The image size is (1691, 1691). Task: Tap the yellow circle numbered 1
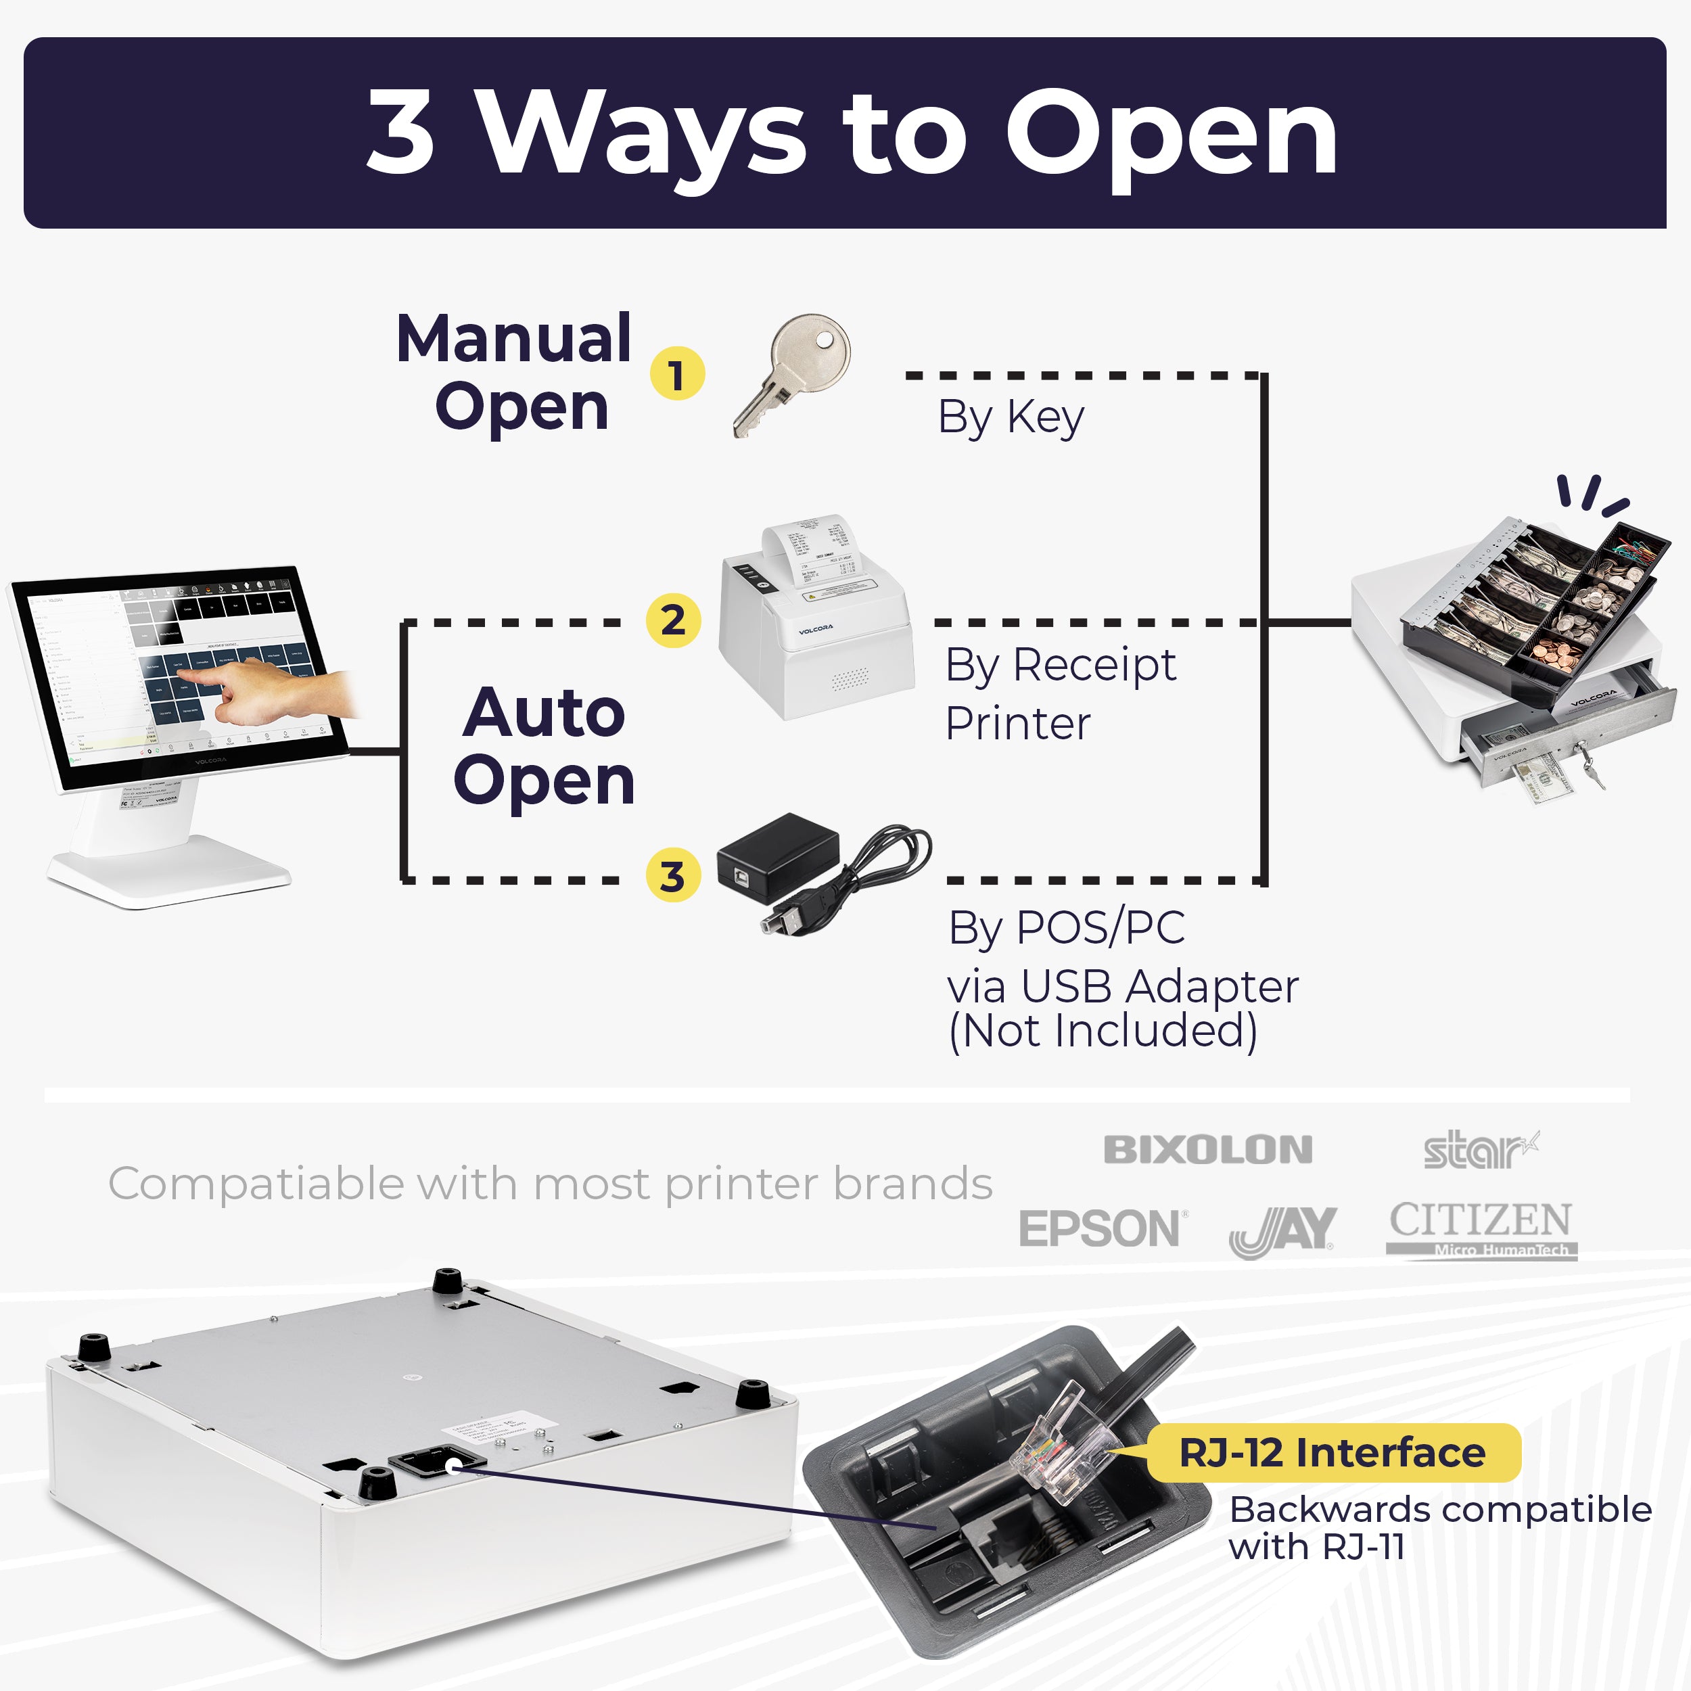[x=676, y=374]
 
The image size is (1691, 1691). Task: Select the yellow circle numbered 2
[x=672, y=620]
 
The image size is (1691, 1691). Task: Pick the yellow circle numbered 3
[x=672, y=875]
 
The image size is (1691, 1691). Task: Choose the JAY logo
[x=1282, y=1230]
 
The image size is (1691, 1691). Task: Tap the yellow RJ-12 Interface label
[x=1331, y=1453]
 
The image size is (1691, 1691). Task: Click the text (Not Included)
[x=1102, y=1030]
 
